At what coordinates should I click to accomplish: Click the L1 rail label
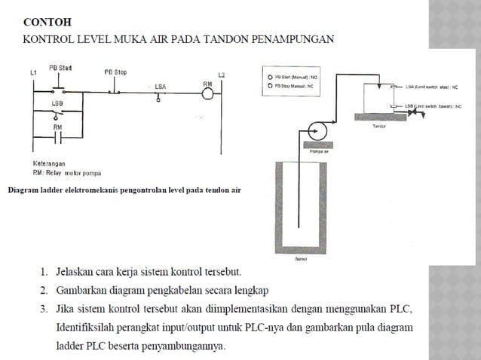pos(32,72)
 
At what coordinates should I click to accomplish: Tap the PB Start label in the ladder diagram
pos(60,67)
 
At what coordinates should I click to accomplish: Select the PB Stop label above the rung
pos(115,72)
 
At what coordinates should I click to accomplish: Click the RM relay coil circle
pos(208,93)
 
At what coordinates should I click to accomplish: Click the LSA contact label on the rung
pos(160,87)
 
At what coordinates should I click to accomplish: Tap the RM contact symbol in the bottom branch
pos(57,139)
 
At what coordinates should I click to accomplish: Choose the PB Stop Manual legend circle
pos(269,86)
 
